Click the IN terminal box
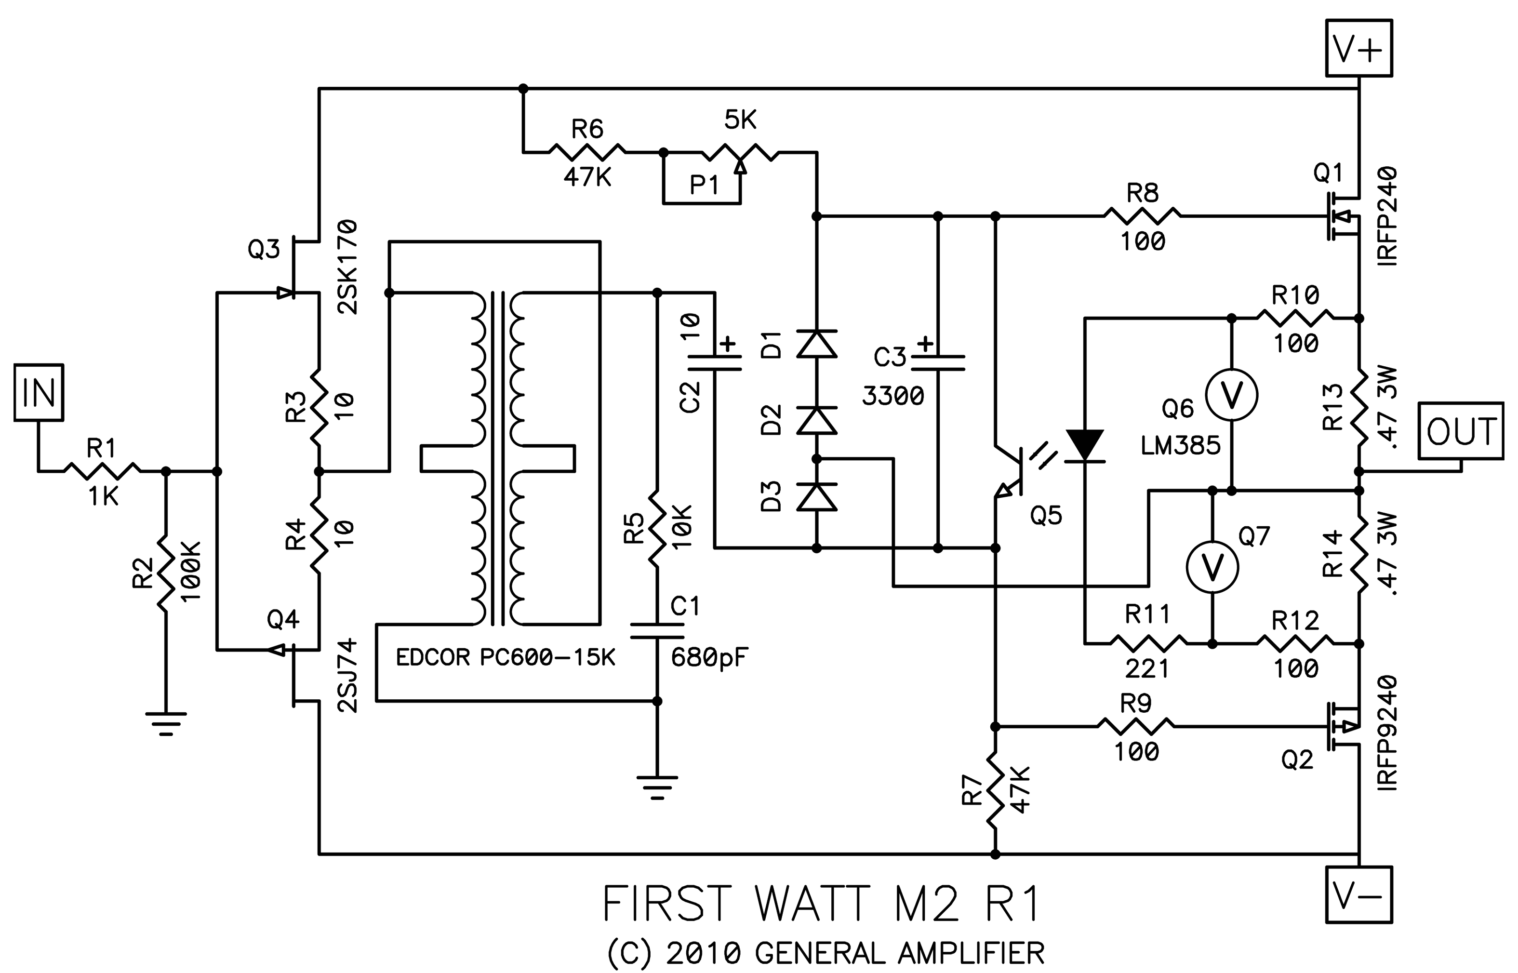[x=39, y=392]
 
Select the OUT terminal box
[x=1461, y=431]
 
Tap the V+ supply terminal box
[x=1358, y=48]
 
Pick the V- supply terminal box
[x=1358, y=895]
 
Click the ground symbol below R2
[x=165, y=723]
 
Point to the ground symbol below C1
[x=657, y=786]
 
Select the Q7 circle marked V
[x=1212, y=567]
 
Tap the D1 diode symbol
[x=816, y=344]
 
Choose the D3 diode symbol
[x=816, y=496]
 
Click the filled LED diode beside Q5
[x=1085, y=445]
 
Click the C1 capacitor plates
[x=657, y=630]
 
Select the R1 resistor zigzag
[x=102, y=470]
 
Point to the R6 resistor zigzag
[x=587, y=152]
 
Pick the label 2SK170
[x=348, y=267]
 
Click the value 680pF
[x=709, y=658]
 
